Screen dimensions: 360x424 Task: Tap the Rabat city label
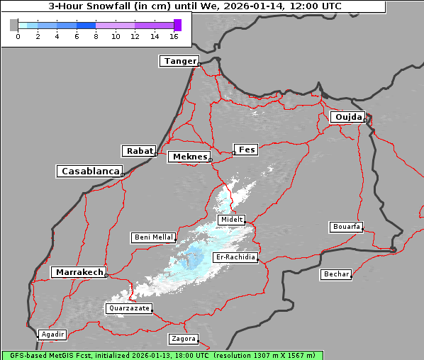[139, 151]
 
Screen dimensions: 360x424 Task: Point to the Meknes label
[189, 157]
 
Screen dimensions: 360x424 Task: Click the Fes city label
[246, 150]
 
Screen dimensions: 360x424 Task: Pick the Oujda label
[347, 117]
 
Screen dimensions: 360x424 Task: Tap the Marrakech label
[78, 272]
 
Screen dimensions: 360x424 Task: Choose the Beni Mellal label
[153, 237]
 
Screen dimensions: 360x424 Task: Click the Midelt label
[232, 220]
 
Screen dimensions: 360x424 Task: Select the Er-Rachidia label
[235, 257]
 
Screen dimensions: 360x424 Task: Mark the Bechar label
[336, 274]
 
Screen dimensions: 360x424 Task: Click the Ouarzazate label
[129, 308]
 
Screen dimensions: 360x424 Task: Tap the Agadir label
[52, 334]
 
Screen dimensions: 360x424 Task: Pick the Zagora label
[183, 339]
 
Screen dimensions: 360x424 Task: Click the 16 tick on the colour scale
[174, 35]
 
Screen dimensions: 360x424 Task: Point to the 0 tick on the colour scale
[18, 35]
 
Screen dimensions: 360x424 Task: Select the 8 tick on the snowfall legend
[96, 35]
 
